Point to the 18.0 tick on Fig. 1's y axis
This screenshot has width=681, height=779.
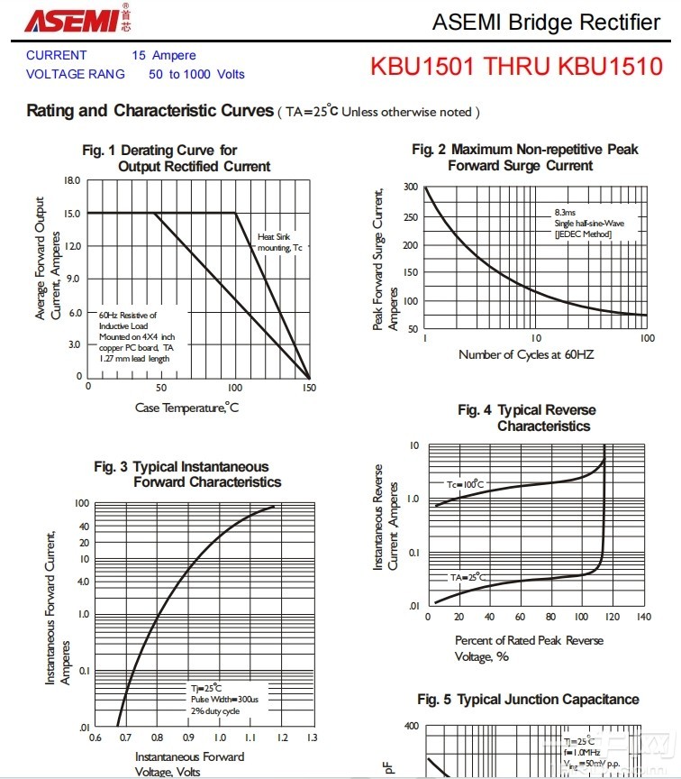click(72, 180)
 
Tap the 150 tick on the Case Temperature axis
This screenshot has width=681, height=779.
click(309, 387)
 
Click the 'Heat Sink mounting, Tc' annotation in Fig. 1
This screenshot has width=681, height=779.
click(279, 242)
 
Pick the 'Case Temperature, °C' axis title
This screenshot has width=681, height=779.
click(186, 408)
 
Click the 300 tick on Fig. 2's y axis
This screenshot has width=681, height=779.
click(411, 188)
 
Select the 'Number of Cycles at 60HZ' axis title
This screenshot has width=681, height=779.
click(526, 354)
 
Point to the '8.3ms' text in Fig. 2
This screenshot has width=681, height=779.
click(565, 211)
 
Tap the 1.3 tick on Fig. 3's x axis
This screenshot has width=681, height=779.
click(312, 738)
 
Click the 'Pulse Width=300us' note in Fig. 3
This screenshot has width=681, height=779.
click(224, 699)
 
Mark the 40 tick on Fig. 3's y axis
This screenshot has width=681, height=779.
click(83, 526)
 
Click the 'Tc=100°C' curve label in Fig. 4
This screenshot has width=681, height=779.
click(465, 484)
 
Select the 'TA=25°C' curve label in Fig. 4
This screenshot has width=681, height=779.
click(468, 576)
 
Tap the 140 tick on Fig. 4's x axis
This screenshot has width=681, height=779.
click(642, 618)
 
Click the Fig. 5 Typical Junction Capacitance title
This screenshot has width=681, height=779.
click(528, 700)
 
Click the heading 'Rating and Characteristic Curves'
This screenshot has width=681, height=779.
click(150, 111)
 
